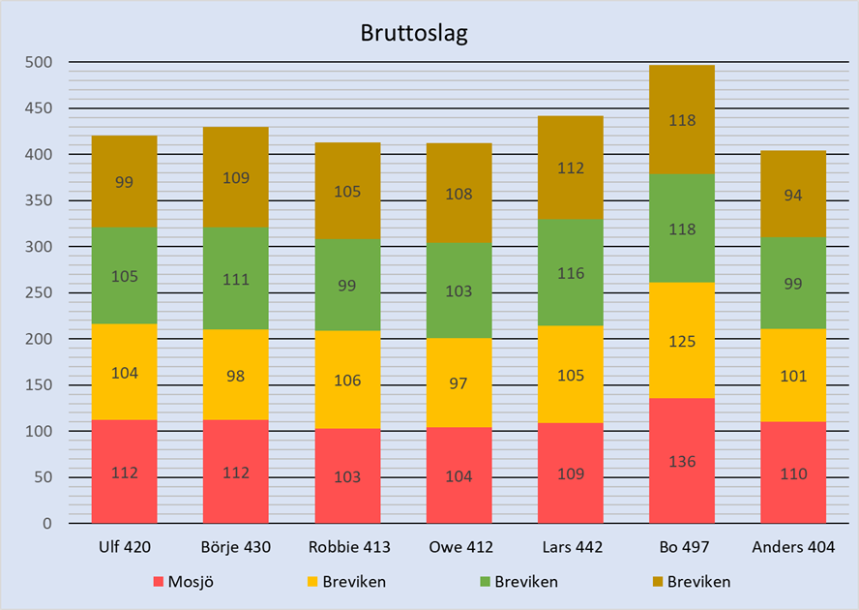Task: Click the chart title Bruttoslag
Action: point(413,33)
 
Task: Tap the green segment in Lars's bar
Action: point(571,290)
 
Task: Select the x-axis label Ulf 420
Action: point(125,547)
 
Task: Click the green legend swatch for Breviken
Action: point(483,582)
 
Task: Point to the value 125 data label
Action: point(682,341)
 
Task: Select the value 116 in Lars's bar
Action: point(571,274)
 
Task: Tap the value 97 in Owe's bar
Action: point(459,383)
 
